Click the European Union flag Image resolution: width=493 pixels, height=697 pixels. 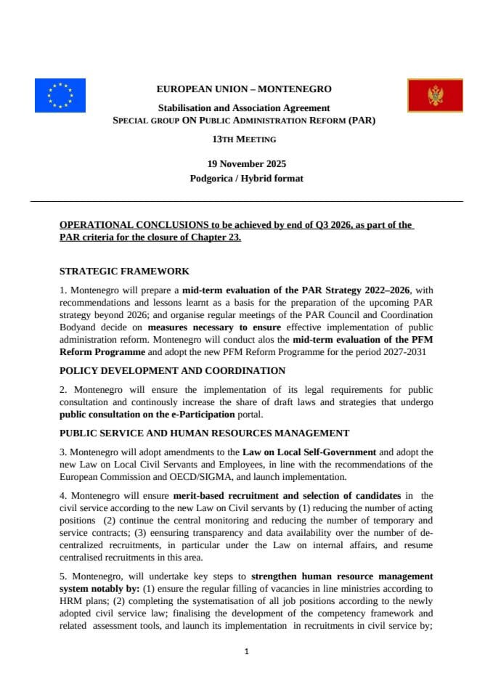coord(60,95)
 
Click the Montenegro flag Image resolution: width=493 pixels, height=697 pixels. coord(435,95)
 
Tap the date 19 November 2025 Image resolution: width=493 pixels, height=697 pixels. coord(246,163)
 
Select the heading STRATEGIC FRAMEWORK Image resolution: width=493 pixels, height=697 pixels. coord(124,271)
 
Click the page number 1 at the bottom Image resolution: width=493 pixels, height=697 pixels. coord(247,651)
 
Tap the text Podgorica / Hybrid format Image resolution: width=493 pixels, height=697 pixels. coord(246,178)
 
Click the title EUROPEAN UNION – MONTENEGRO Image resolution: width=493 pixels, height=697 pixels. coord(244,89)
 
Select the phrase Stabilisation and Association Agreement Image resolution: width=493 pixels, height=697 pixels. coord(244,108)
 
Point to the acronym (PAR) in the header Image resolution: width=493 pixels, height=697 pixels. coord(361,121)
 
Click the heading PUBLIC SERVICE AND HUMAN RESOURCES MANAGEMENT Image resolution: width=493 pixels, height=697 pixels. coord(204,433)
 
